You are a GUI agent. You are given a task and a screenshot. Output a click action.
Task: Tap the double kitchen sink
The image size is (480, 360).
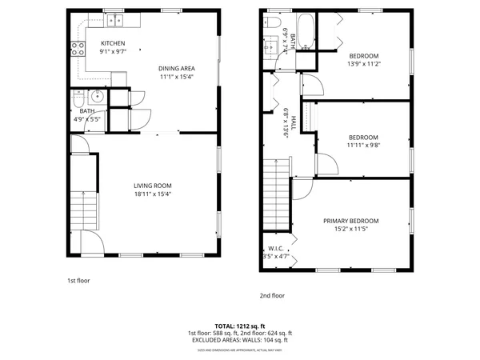114,21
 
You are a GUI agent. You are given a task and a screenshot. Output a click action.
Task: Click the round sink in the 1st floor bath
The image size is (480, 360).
95,98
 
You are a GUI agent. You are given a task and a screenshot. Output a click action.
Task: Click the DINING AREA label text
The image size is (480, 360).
178,69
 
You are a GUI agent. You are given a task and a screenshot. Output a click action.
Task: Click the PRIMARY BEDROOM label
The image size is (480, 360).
351,221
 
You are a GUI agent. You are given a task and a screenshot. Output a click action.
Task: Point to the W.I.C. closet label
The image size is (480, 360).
277,248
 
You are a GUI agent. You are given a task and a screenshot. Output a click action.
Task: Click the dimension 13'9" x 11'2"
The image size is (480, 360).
364,64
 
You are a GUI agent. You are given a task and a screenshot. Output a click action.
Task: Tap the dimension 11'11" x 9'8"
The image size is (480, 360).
363,145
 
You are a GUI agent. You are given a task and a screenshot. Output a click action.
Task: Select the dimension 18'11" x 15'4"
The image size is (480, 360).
153,194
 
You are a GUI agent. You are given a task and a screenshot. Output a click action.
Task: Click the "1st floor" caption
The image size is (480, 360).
78,281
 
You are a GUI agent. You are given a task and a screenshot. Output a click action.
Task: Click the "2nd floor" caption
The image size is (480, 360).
272,295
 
